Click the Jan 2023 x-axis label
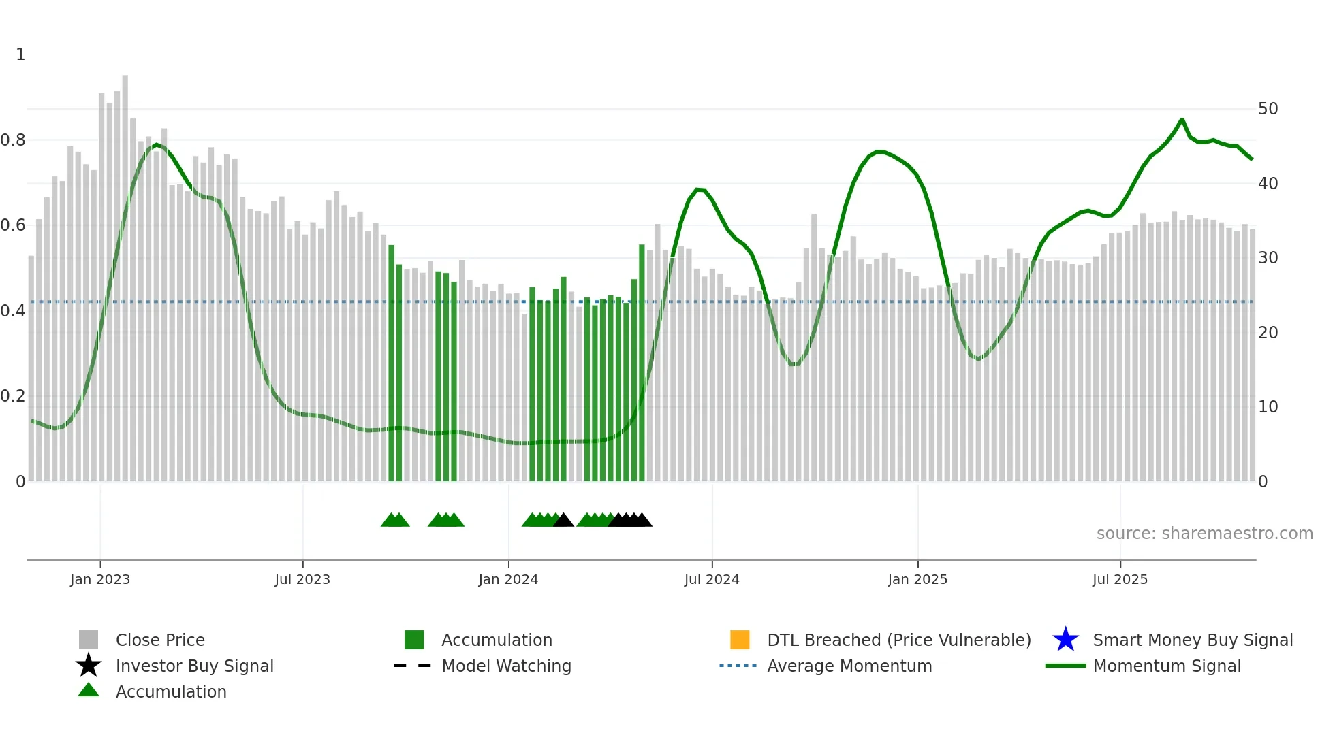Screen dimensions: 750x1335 pyautogui.click(x=99, y=579)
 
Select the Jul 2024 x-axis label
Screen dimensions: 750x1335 pyautogui.click(x=711, y=579)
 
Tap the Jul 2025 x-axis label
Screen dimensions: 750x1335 pyautogui.click(x=1119, y=579)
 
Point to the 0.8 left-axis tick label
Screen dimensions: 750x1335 pyautogui.click(x=13, y=140)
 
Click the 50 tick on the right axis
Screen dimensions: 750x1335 pyautogui.click(x=1268, y=109)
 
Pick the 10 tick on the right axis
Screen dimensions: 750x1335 pyautogui.click(x=1268, y=407)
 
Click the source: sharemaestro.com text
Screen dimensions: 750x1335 pyautogui.click(x=1204, y=534)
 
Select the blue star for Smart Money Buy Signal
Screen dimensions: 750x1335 pyautogui.click(x=1065, y=640)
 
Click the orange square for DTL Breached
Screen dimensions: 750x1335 pyautogui.click(x=740, y=640)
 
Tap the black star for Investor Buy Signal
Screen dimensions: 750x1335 pyautogui.click(x=89, y=666)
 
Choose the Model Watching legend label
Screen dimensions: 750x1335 pyautogui.click(x=506, y=666)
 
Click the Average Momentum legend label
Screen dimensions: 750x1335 pyautogui.click(x=849, y=666)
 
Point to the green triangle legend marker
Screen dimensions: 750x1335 pyautogui.click(x=89, y=690)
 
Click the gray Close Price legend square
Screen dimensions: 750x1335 pyautogui.click(x=89, y=640)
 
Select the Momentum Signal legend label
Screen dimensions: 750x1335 pyautogui.click(x=1167, y=666)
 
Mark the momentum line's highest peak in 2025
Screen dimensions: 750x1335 pyautogui.click(x=1182, y=120)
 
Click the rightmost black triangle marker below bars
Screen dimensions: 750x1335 pyautogui.click(x=642, y=520)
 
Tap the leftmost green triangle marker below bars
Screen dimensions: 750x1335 pyautogui.click(x=390, y=520)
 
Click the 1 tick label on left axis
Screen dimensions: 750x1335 pyautogui.click(x=20, y=54)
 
